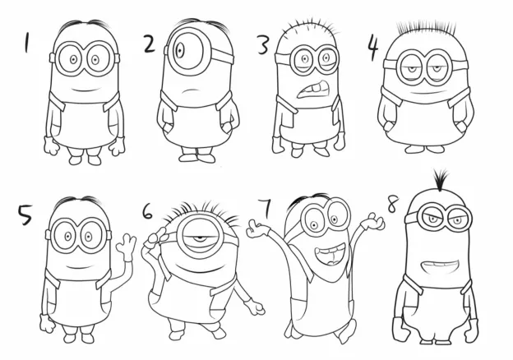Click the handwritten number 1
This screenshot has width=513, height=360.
pos(26,43)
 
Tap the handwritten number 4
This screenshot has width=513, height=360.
pos(372,47)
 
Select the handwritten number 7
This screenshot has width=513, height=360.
pos(266,208)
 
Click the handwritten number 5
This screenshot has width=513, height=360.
pos(25,215)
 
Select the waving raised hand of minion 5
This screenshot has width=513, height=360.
pos(127,247)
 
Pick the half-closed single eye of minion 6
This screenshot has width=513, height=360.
pos(197,238)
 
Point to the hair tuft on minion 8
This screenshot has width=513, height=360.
pos(441,179)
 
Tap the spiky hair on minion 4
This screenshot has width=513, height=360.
pos(426,29)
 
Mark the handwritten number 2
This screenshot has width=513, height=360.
pos(149,44)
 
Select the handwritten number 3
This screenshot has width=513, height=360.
pos(263,45)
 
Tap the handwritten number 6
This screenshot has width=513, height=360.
pos(147,212)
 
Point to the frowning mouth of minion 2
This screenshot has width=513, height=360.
pos(192,91)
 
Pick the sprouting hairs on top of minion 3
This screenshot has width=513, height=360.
pos(309,27)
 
